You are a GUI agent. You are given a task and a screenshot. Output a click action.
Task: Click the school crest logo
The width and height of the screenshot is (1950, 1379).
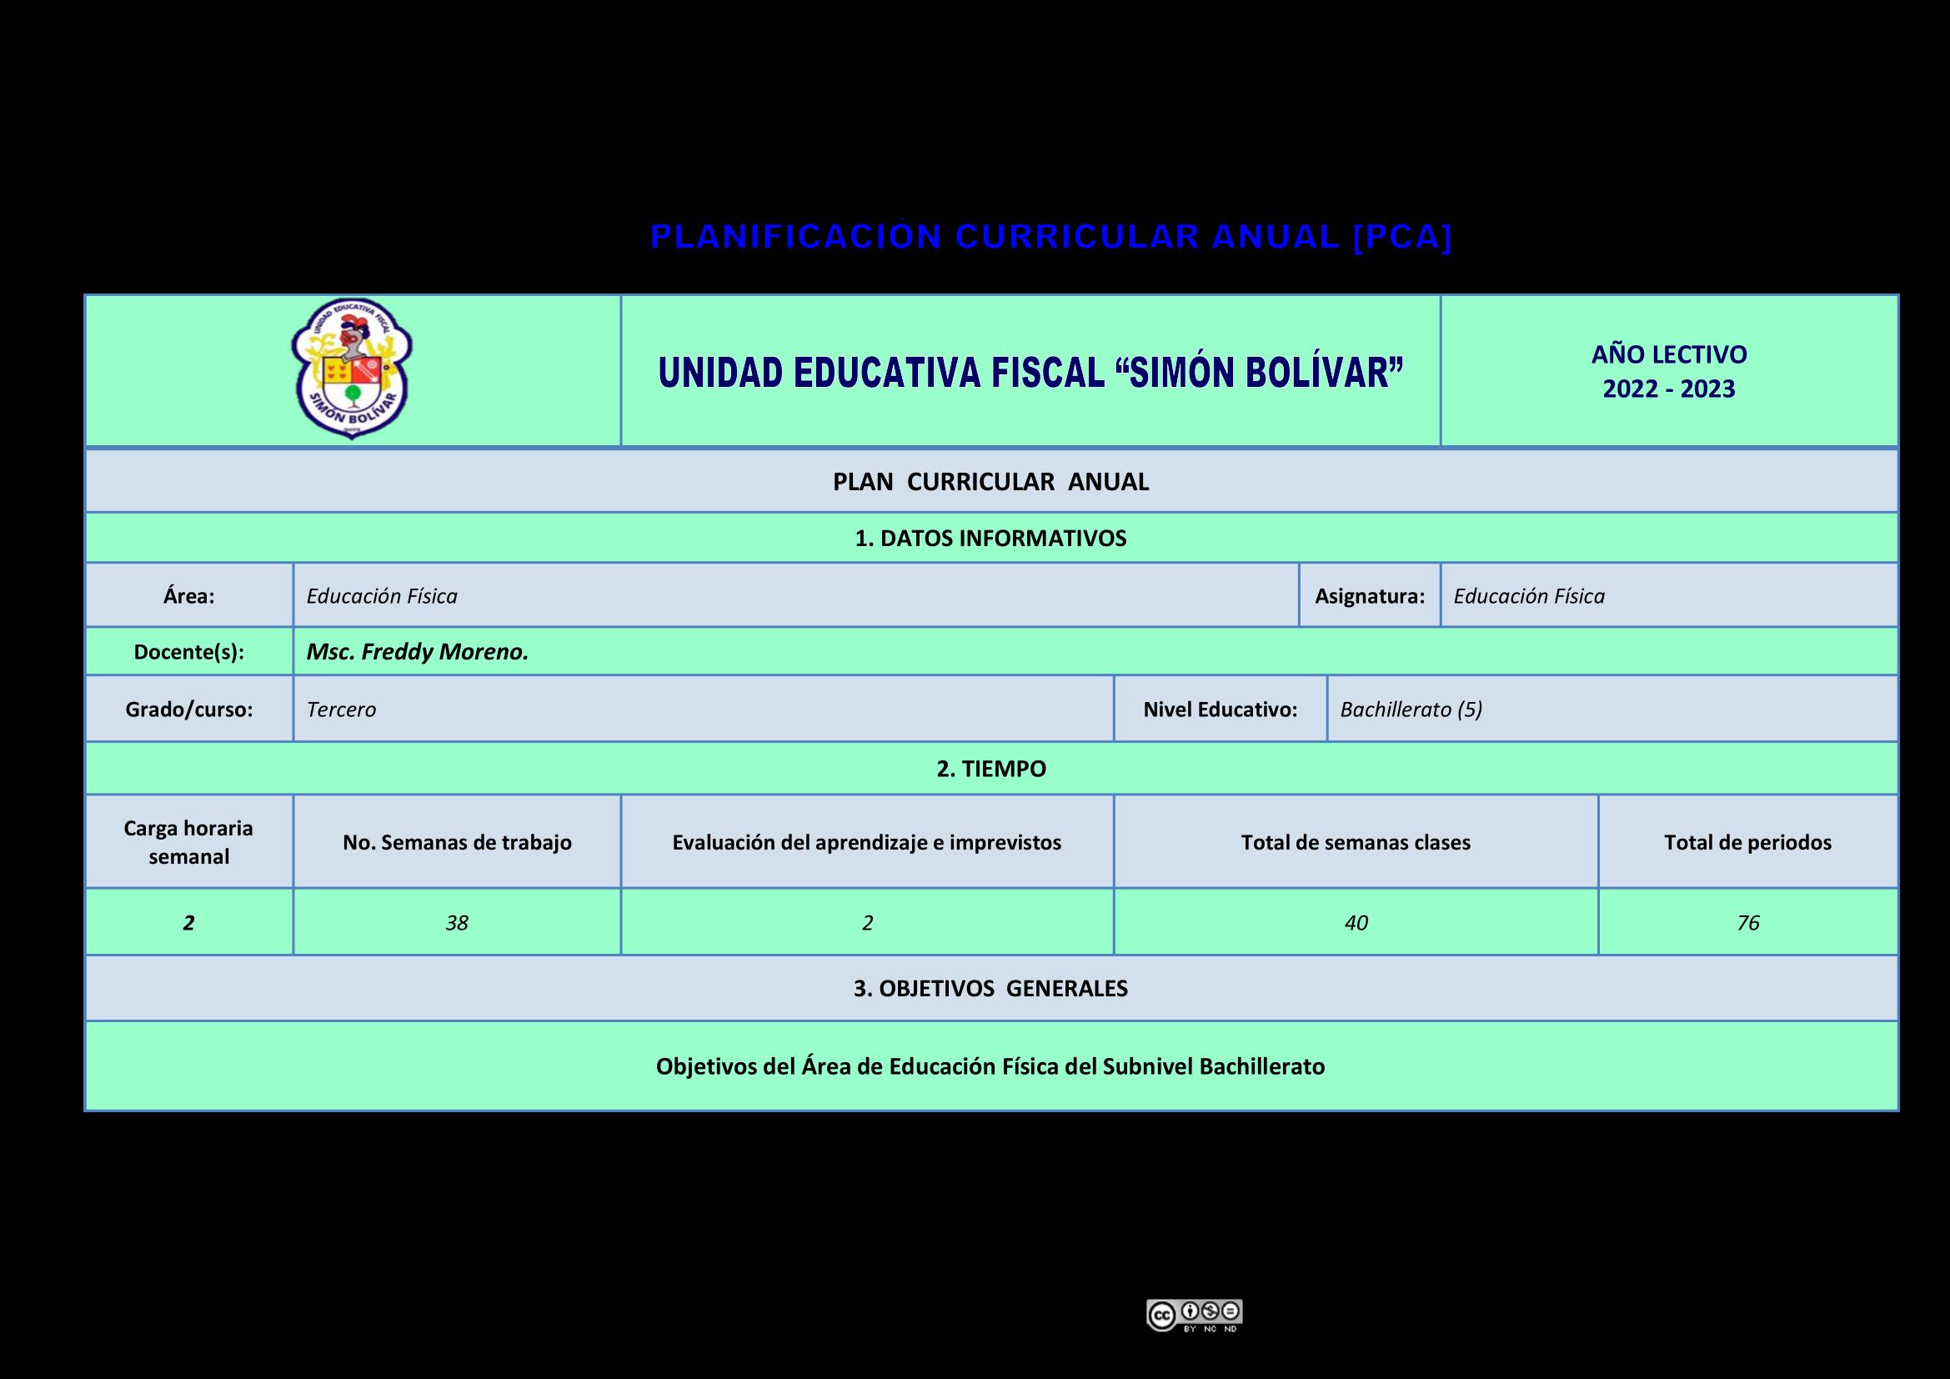click(x=352, y=369)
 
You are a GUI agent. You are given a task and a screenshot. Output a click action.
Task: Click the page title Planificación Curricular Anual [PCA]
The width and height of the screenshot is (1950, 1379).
click(x=1050, y=237)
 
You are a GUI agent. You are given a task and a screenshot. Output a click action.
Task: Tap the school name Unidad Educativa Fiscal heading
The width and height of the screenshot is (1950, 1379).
click(x=1030, y=373)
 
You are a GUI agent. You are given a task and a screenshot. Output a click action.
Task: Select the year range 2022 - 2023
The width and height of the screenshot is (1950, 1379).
click(x=1668, y=389)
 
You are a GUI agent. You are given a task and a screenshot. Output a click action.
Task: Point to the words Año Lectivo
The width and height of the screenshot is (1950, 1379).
click(x=1668, y=354)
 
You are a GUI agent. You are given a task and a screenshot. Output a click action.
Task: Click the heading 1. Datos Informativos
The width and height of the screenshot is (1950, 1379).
click(x=990, y=539)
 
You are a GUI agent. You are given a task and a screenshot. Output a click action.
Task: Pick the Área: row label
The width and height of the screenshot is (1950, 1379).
click(x=188, y=596)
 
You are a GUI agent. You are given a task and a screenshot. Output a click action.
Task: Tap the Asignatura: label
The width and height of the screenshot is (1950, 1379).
click(x=1369, y=596)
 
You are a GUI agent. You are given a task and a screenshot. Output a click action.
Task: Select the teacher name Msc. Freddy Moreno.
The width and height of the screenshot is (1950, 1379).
click(x=417, y=652)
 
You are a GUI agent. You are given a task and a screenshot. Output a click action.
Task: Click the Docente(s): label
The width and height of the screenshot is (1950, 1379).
click(x=188, y=652)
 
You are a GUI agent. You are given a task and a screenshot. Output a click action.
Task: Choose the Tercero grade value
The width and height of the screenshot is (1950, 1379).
click(x=341, y=710)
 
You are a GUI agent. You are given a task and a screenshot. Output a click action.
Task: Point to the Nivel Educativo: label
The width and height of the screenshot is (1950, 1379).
click(x=1220, y=710)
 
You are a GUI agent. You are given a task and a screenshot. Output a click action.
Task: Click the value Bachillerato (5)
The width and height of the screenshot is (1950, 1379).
click(x=1411, y=710)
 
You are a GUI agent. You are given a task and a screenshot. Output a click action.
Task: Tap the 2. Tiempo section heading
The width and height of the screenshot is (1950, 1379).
click(x=990, y=770)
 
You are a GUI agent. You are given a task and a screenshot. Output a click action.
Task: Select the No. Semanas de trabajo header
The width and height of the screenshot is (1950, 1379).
click(x=457, y=842)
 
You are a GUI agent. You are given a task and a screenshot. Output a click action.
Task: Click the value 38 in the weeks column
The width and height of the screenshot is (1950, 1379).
click(x=457, y=923)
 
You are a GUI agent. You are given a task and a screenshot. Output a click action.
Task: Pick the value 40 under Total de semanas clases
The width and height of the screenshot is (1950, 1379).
click(x=1356, y=923)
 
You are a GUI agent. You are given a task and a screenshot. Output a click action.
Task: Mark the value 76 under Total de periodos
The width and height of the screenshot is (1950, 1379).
click(x=1748, y=923)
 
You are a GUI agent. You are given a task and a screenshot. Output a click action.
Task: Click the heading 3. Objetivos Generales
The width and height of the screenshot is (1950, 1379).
click(x=990, y=989)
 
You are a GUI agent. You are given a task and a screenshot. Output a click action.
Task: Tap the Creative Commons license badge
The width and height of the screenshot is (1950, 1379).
click(x=1194, y=1315)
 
